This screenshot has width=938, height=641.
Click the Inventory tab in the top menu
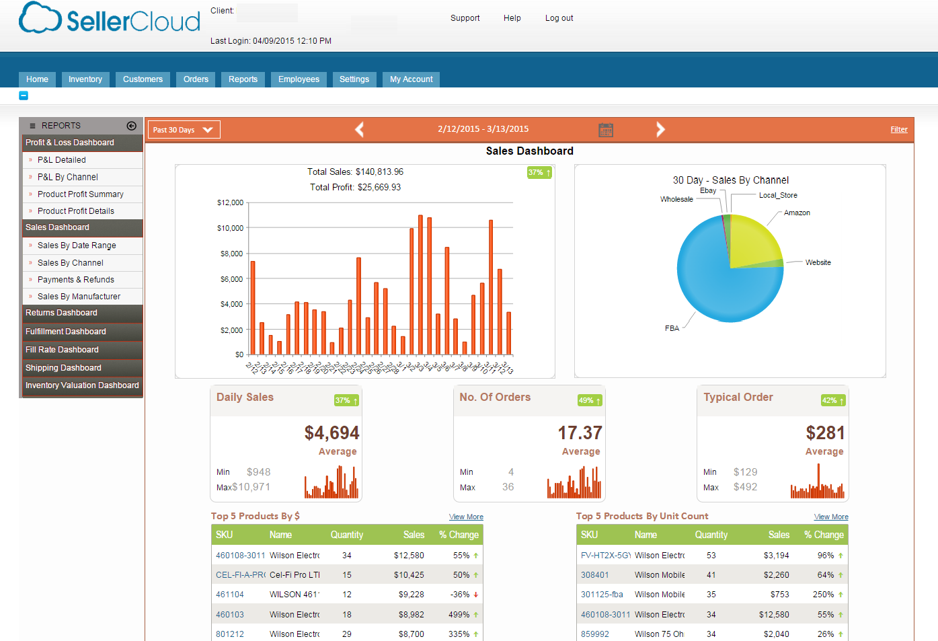pyautogui.click(x=85, y=79)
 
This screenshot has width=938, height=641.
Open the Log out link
pyautogui.click(x=559, y=18)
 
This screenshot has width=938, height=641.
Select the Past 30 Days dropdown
pyautogui.click(x=184, y=130)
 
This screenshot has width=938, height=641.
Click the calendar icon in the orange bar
pyautogui.click(x=605, y=130)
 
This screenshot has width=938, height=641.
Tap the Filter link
pyautogui.click(x=898, y=130)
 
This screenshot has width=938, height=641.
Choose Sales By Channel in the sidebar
pyautogui.click(x=70, y=263)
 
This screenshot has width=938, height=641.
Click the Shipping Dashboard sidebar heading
pyautogui.click(x=63, y=368)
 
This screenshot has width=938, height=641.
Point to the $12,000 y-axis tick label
pyautogui.click(x=230, y=202)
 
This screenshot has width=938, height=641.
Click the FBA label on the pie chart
pyautogui.click(x=672, y=328)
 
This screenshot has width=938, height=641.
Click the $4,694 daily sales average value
pyautogui.click(x=331, y=432)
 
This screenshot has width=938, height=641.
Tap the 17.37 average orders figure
pyautogui.click(x=580, y=432)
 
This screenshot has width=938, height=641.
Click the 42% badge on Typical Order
pyautogui.click(x=832, y=400)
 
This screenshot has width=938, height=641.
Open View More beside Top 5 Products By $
pyautogui.click(x=466, y=517)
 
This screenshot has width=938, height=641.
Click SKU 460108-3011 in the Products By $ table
pyautogui.click(x=240, y=556)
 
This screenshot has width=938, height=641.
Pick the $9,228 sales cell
pyautogui.click(x=411, y=595)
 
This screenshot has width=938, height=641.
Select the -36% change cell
pyautogui.click(x=461, y=595)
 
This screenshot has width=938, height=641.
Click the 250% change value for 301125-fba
pyautogui.click(x=823, y=595)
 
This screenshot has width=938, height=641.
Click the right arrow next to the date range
pyautogui.click(x=660, y=129)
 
